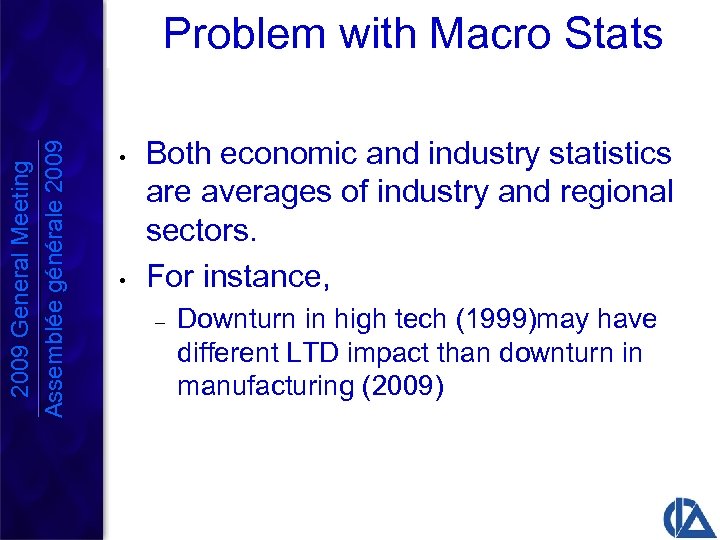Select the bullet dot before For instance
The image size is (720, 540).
119,278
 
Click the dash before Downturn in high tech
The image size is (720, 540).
158,321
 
